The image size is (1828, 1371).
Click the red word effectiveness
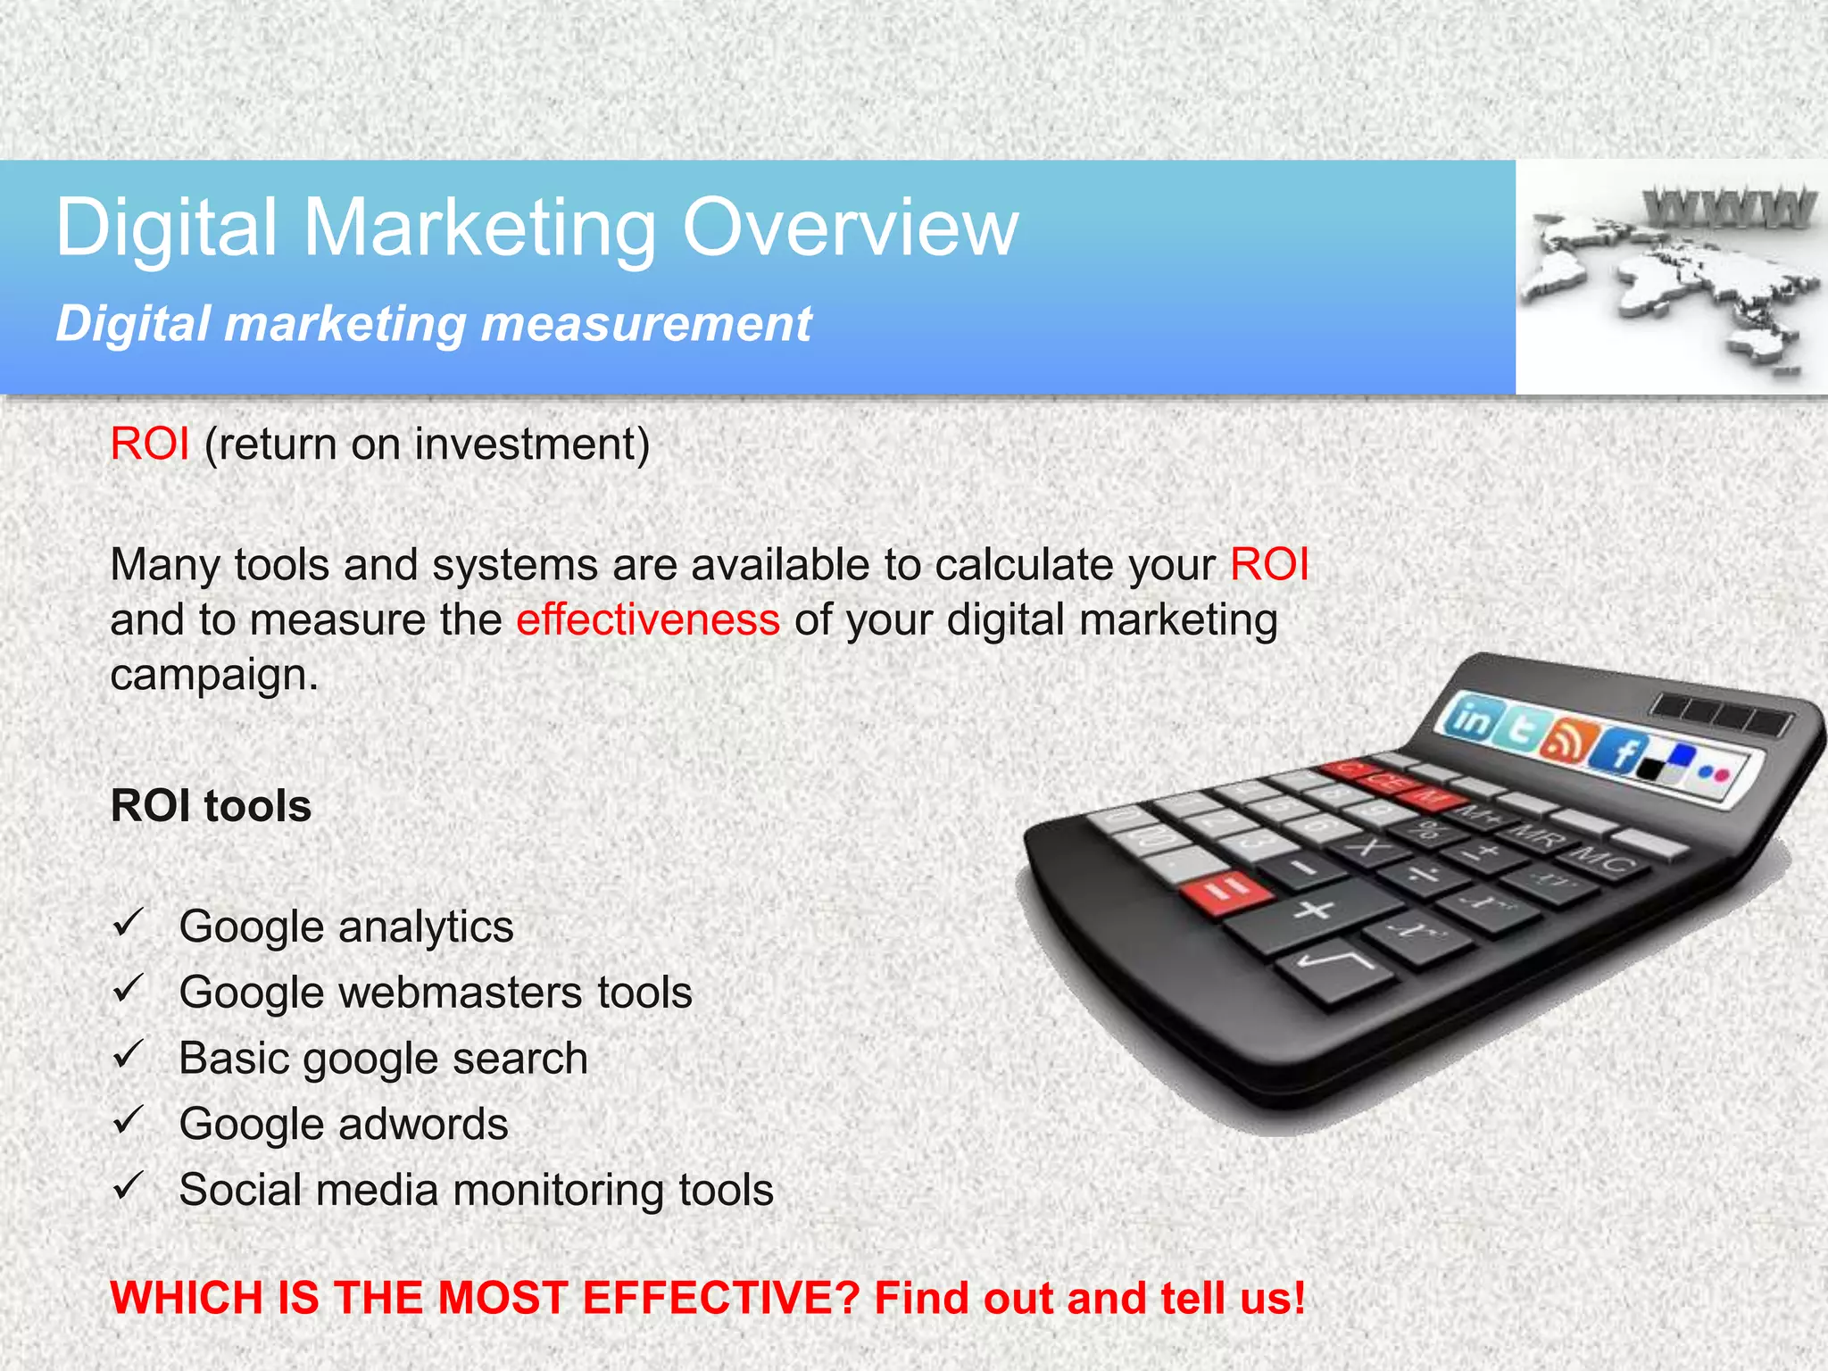pyautogui.click(x=647, y=619)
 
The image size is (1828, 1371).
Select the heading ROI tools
pyautogui.click(x=211, y=805)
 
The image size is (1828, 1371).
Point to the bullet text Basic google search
pyautogui.click(x=383, y=1059)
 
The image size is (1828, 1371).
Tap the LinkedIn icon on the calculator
pyautogui.click(x=1471, y=719)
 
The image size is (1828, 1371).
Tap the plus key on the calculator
pyautogui.click(x=1314, y=912)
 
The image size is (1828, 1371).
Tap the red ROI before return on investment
pyautogui.click(x=149, y=444)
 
